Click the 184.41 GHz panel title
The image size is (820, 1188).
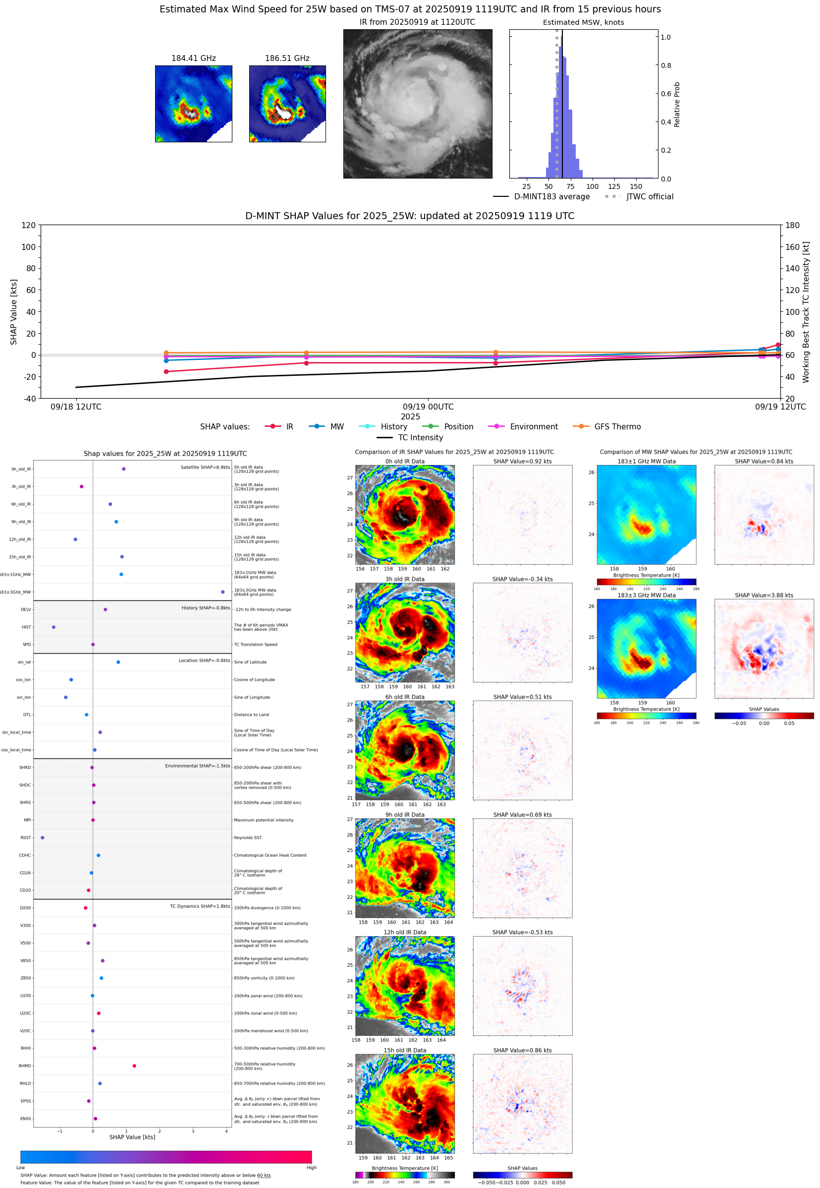tap(193, 58)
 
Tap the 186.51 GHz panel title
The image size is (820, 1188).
tap(287, 58)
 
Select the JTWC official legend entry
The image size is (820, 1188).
tap(650, 196)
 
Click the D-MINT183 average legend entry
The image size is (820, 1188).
tap(551, 196)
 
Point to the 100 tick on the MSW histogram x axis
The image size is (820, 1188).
tap(592, 186)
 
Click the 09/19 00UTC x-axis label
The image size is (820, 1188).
tap(428, 407)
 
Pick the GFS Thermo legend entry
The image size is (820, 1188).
tap(617, 427)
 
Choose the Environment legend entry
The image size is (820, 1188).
tap(533, 427)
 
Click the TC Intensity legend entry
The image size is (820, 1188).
tap(420, 437)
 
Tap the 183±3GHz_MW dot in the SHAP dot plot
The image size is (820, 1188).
tap(222, 592)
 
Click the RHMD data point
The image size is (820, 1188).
tap(134, 1066)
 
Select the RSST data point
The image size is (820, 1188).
tap(42, 837)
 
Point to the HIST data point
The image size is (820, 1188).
tap(54, 627)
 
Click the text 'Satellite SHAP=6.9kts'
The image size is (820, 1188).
tap(205, 467)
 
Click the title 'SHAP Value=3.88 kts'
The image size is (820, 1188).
tap(764, 595)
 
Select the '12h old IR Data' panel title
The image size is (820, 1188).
tap(404, 932)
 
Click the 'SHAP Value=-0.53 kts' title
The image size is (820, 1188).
tap(522, 932)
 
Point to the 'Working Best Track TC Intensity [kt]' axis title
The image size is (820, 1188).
tap(806, 311)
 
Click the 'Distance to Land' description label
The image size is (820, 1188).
tap(251, 714)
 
